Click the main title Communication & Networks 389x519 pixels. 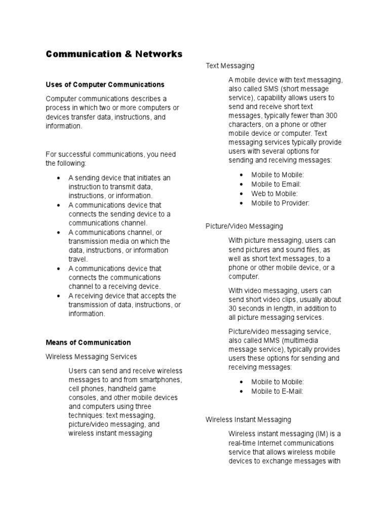coord(114,54)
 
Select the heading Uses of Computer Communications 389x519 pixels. coord(105,84)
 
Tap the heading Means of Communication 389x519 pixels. coord(88,342)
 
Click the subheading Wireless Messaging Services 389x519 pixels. coord(91,357)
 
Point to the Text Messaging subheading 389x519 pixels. coord(230,65)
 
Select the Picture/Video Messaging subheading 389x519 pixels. coord(244,226)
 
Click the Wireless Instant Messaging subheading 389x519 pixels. coord(248,420)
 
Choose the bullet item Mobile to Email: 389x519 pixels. coord(276,184)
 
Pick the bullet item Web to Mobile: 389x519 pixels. coord(275,194)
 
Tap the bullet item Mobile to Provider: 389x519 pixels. coord(280,203)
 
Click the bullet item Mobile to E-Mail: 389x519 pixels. coord(277,391)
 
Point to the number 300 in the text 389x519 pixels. coord(332,116)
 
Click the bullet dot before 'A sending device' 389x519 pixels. coord(59,178)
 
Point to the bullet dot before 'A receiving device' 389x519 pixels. coord(59,295)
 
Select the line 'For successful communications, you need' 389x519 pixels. coord(110,154)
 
